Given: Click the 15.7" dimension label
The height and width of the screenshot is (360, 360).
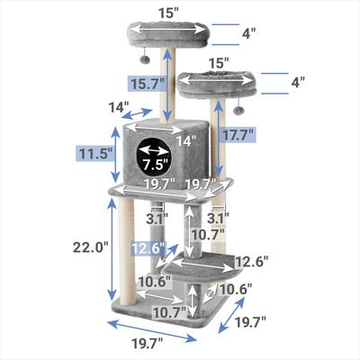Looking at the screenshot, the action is pos(148,84).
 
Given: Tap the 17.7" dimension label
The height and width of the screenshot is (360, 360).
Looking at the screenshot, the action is pos(238,135).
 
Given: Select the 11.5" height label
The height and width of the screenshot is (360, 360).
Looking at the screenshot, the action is pos(95,154).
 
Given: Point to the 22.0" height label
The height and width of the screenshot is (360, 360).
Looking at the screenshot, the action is pos(90,247).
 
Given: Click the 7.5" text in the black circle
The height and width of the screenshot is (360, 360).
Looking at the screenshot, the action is pos(155,165).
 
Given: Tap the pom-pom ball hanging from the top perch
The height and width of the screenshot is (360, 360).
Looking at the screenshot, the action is pos(146,58).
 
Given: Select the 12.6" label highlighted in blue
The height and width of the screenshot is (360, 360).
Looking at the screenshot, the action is pos(148,248).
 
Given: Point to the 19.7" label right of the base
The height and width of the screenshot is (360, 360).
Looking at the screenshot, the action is pos(251,322).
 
